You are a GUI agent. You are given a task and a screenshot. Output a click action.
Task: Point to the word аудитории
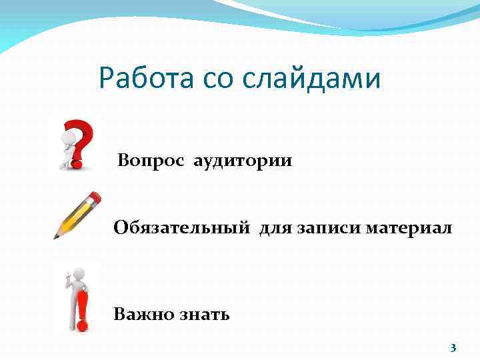click(x=243, y=162)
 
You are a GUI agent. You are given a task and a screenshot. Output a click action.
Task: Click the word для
click(x=275, y=229)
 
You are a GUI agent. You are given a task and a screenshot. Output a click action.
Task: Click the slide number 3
click(x=453, y=347)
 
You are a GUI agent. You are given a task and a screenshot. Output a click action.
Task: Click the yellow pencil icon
click(x=77, y=215)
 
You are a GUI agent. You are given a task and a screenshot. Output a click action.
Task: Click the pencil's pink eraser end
click(x=95, y=197)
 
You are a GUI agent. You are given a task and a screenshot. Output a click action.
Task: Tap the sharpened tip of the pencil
click(x=57, y=236)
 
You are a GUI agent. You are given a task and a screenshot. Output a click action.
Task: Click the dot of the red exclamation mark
click(x=82, y=326)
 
